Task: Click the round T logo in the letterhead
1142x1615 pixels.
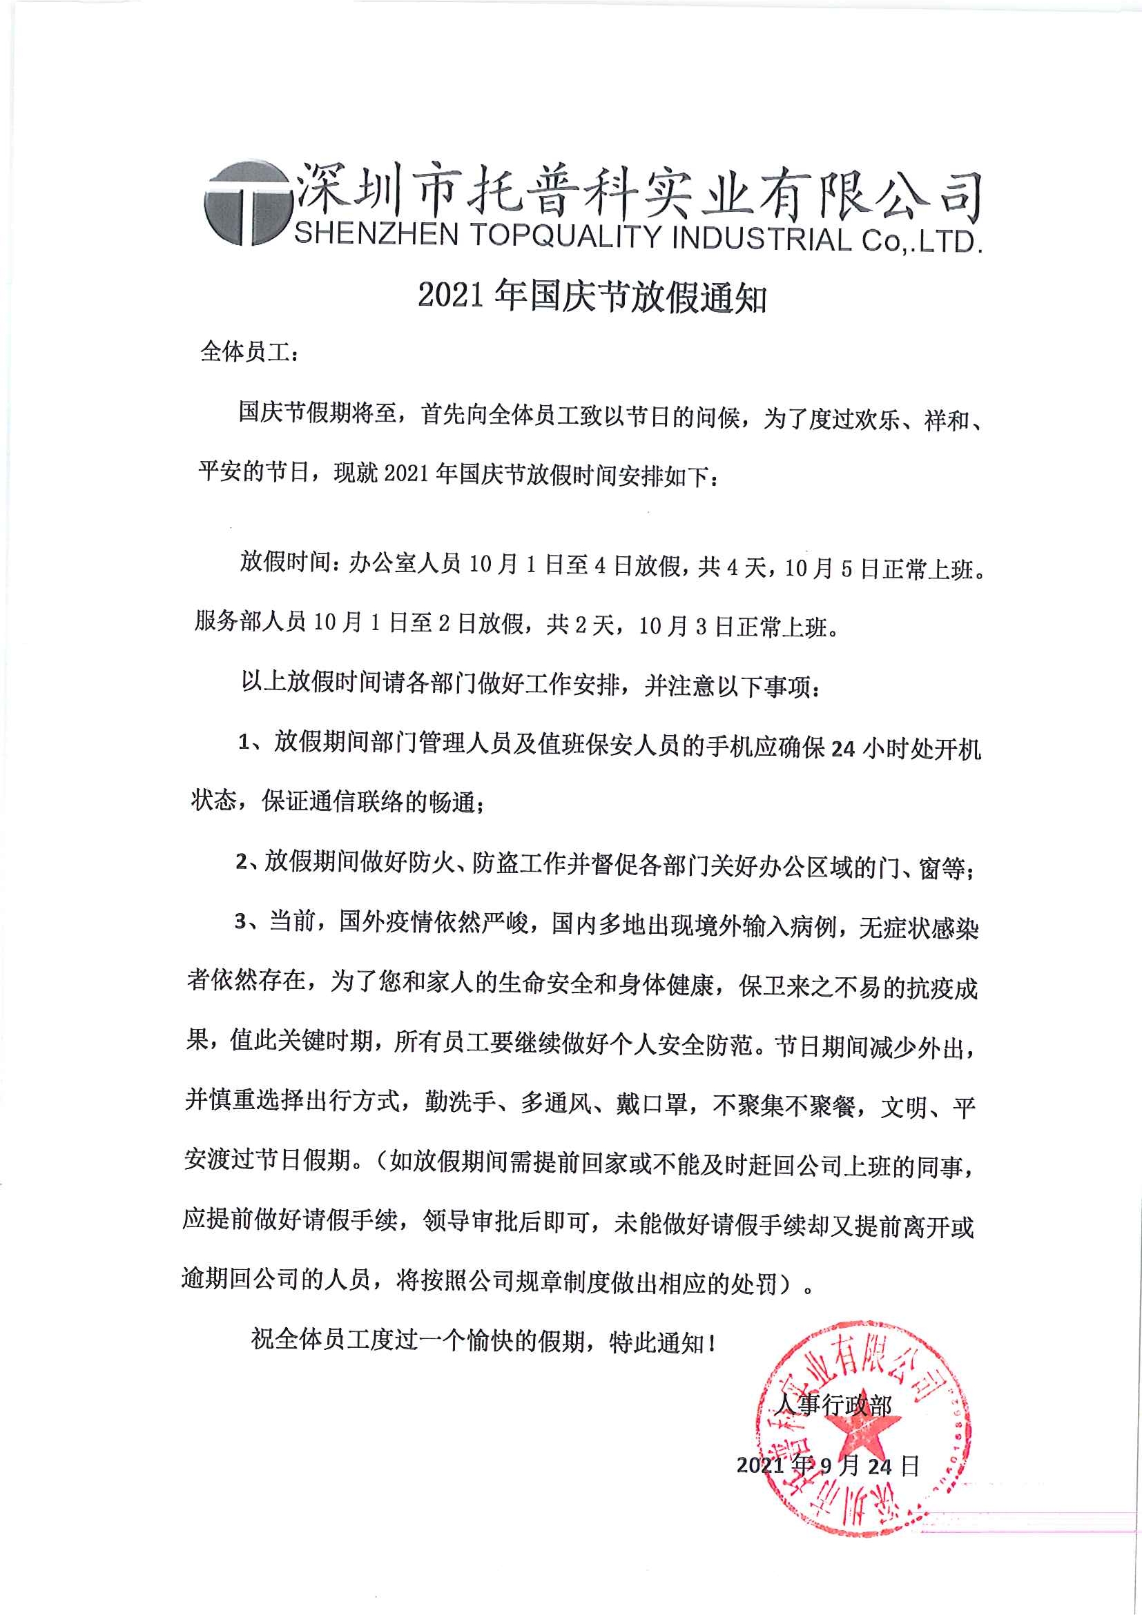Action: pyautogui.click(x=246, y=204)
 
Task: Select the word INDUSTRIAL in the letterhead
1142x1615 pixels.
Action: pyautogui.click(x=762, y=239)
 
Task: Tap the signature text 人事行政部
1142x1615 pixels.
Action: pyautogui.click(x=833, y=1405)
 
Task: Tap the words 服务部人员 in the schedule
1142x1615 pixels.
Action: pyautogui.click(x=250, y=622)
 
